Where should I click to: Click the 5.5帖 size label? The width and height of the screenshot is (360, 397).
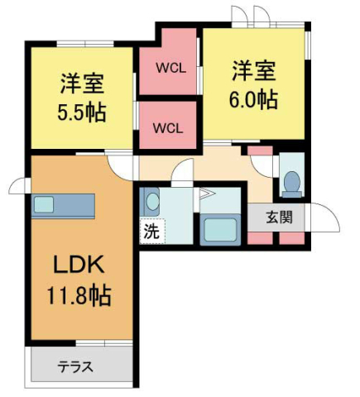(82, 112)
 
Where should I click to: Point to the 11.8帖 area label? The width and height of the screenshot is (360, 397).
(79, 294)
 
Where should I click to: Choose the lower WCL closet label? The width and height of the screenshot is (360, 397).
(168, 127)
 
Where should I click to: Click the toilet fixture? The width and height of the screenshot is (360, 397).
(291, 180)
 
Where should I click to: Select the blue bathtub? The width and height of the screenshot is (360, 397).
(218, 227)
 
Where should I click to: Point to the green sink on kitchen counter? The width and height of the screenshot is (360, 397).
(44, 204)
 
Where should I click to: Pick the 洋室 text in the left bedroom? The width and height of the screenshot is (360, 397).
(81, 84)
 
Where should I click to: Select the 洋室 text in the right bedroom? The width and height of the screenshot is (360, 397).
(253, 69)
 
